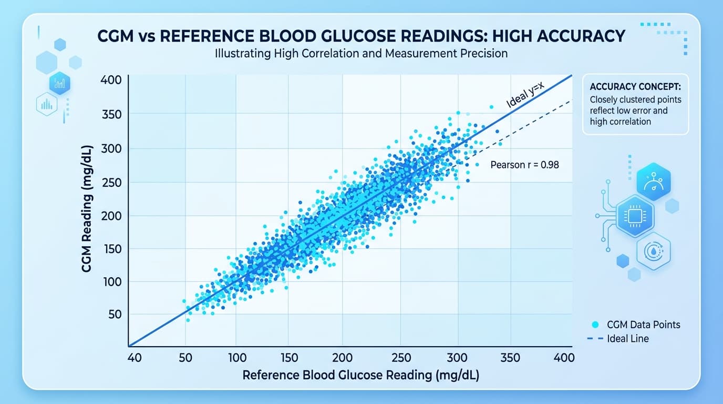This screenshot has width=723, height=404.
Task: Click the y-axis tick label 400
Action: click(111, 80)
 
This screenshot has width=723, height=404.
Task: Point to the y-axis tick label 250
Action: click(111, 183)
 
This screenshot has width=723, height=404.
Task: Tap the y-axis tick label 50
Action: click(114, 315)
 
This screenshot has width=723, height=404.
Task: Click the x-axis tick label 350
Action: click(510, 358)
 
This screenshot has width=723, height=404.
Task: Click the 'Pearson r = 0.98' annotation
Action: click(524, 165)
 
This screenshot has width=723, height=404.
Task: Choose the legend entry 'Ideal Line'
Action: click(627, 339)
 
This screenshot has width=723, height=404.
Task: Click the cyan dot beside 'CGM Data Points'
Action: click(595, 325)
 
